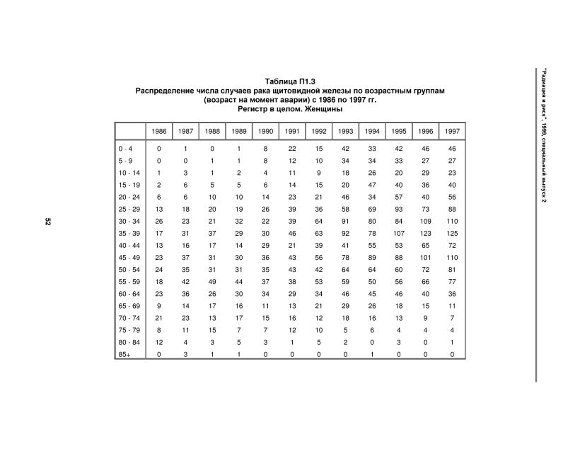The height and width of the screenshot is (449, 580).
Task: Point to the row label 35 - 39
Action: click(130, 233)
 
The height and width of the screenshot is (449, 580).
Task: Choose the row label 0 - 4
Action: click(126, 149)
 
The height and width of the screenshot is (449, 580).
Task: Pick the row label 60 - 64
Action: click(130, 294)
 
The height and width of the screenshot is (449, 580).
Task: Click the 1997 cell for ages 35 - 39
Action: click(452, 233)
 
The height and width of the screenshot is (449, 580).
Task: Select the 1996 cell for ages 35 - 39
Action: click(425, 233)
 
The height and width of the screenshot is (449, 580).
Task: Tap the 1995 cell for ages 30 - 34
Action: click(398, 221)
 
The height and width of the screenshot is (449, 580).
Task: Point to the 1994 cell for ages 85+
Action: click(372, 354)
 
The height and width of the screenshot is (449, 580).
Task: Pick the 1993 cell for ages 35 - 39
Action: click(345, 233)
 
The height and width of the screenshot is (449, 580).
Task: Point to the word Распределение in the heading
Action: click(166, 91)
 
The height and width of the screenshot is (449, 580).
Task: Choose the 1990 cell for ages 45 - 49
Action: click(265, 258)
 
